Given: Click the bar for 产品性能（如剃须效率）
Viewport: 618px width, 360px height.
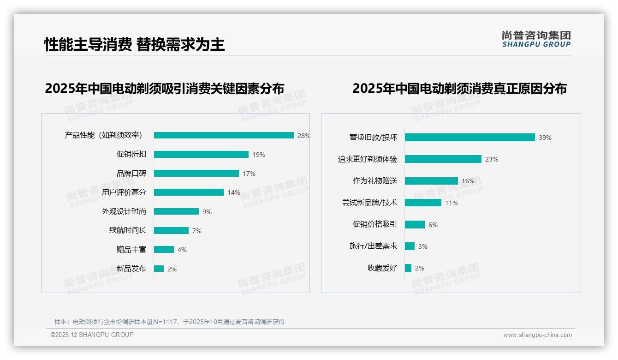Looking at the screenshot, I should click(x=224, y=135).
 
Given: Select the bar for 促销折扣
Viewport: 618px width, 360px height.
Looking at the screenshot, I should click(x=201, y=154).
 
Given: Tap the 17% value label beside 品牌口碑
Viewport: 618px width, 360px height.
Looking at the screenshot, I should click(x=249, y=174).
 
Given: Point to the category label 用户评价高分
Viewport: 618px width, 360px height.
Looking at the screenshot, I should click(x=124, y=192).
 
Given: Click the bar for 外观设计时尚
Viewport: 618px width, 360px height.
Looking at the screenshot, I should click(x=176, y=211).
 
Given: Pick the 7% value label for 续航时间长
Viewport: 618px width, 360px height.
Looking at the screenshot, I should click(x=197, y=231).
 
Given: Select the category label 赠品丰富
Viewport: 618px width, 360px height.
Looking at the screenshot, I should click(x=131, y=250).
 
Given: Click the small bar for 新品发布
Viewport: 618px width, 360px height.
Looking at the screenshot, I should click(x=159, y=269).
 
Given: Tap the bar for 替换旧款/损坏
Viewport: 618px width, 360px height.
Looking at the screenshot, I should click(x=469, y=137).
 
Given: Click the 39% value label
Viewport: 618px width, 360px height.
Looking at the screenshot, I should click(x=545, y=138).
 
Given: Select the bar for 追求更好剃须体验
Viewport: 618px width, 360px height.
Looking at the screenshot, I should click(x=443, y=159).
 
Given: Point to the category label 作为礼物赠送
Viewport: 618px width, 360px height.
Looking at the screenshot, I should click(x=375, y=181).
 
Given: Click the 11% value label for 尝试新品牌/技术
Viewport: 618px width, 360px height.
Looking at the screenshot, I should click(x=452, y=203).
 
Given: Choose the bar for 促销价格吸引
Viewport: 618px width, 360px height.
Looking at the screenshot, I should click(x=415, y=224).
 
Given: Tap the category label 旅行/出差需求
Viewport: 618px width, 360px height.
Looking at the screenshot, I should click(x=373, y=246).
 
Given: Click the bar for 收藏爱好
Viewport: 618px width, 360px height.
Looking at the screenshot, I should click(x=408, y=268).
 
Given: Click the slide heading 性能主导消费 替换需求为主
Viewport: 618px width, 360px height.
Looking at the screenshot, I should click(x=135, y=45).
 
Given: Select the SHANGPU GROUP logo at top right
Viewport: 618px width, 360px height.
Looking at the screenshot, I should click(x=536, y=39).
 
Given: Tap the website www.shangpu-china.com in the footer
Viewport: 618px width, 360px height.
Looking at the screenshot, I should click(x=537, y=335).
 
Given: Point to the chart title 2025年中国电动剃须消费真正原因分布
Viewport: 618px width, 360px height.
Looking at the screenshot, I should click(x=459, y=88).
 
